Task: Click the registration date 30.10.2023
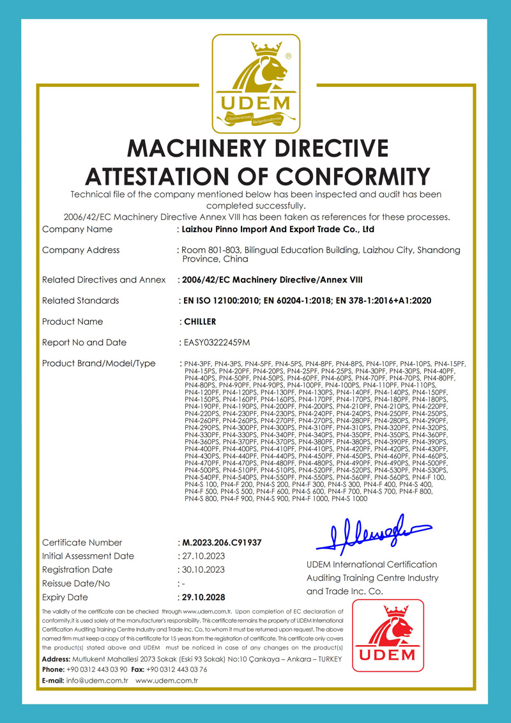[x=202, y=570]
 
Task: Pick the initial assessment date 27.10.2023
[x=202, y=556]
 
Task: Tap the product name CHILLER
[x=199, y=322]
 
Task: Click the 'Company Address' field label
[x=80, y=250]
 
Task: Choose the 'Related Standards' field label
[x=80, y=300]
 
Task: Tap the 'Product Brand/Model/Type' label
[x=98, y=364]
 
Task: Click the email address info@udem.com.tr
[x=97, y=681]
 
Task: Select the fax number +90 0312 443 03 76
[x=176, y=669]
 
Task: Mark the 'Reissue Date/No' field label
[x=76, y=584]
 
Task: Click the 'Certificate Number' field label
[x=82, y=543]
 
